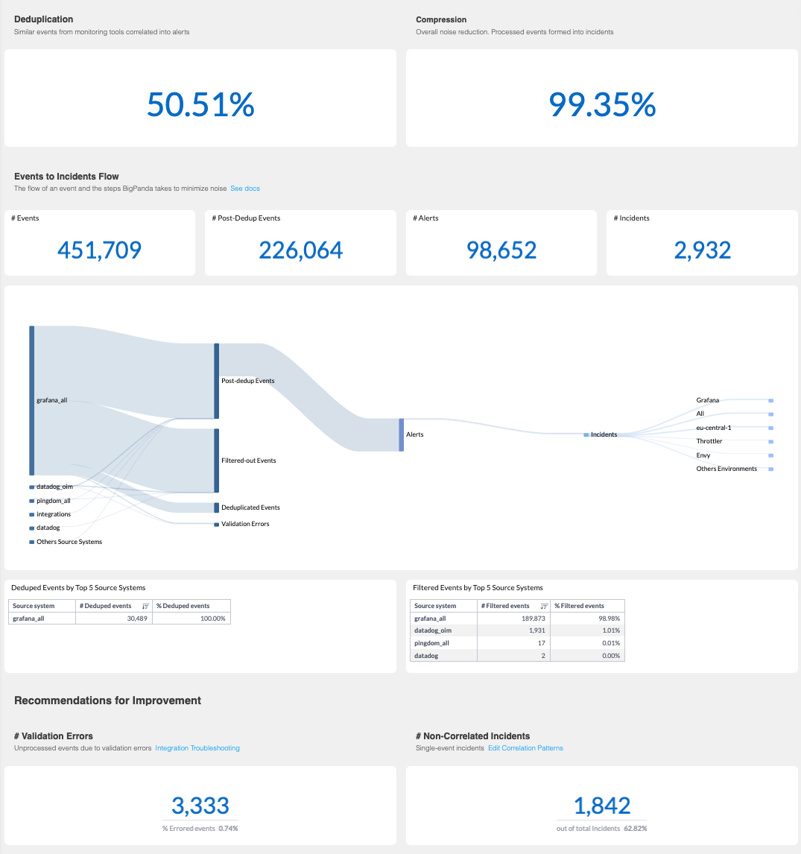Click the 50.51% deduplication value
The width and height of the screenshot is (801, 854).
[x=200, y=104]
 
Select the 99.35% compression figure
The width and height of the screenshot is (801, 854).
[x=602, y=104]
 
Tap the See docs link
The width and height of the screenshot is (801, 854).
[x=245, y=189]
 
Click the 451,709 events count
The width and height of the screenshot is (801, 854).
[x=99, y=250]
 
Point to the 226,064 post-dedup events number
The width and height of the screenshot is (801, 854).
[x=300, y=250]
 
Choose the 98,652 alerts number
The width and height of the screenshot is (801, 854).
[x=501, y=250]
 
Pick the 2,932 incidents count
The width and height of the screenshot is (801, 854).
[x=702, y=250]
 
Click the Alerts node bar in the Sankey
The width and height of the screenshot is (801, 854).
[x=401, y=434]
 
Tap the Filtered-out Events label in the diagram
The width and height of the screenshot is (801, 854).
[x=248, y=461]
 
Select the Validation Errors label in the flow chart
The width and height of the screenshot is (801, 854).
[x=245, y=524]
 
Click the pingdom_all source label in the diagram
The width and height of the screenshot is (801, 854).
[x=53, y=501]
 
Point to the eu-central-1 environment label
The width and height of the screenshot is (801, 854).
[x=713, y=428]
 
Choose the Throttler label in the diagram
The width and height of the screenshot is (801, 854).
[x=709, y=441]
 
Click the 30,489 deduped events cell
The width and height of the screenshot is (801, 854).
[x=132, y=619]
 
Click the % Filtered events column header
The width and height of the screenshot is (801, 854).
[x=579, y=606]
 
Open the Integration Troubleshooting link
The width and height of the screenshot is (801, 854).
[x=197, y=748]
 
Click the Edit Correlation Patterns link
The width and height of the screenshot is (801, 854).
[x=525, y=748]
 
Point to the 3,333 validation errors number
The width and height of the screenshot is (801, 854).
[x=200, y=805]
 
